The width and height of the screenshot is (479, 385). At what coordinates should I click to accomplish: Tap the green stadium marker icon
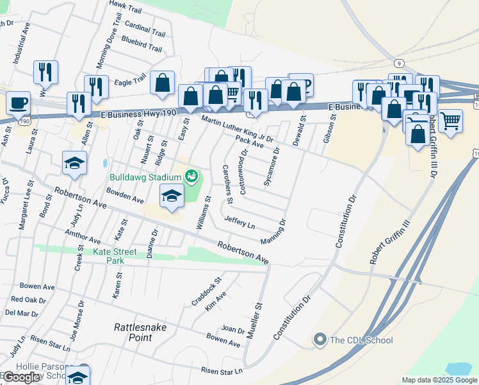click(190, 175)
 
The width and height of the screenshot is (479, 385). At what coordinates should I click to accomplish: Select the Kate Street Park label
click(115, 256)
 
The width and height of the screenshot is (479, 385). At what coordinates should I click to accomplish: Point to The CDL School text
click(361, 339)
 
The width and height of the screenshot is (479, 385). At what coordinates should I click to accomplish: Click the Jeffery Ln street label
click(239, 223)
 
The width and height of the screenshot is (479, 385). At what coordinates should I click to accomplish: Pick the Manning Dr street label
click(273, 232)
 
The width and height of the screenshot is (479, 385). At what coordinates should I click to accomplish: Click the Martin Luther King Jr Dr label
click(237, 128)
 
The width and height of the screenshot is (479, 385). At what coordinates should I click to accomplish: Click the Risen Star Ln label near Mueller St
click(222, 370)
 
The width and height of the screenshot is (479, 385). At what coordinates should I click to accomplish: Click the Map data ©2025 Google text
click(439, 380)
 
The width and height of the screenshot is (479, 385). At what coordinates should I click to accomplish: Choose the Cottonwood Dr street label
click(243, 172)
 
